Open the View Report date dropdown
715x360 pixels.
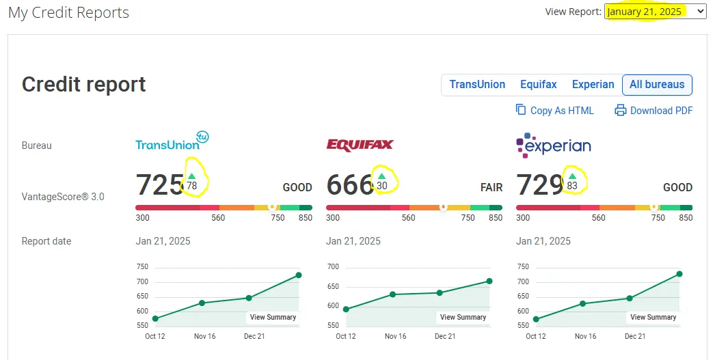click(x=655, y=12)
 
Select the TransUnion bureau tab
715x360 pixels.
click(x=477, y=85)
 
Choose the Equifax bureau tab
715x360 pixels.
click(x=538, y=85)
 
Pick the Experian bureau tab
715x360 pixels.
click(x=593, y=85)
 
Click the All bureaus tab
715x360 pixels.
click(x=656, y=85)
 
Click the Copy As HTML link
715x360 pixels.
click(x=554, y=111)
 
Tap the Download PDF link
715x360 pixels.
click(x=653, y=111)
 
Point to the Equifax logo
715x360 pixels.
click(x=360, y=145)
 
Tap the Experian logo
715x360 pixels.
click(x=554, y=144)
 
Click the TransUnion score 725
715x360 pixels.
click(x=160, y=185)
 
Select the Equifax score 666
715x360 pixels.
click(x=349, y=185)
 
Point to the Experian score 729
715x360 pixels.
click(x=539, y=185)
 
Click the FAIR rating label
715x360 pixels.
click(x=491, y=187)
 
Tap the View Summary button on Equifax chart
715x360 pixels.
click(x=463, y=317)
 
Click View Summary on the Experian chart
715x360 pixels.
click(x=653, y=317)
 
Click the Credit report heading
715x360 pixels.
click(x=84, y=84)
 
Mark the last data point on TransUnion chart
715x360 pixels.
click(x=299, y=275)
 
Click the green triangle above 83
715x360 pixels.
click(x=572, y=176)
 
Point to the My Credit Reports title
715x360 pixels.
click(x=68, y=13)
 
